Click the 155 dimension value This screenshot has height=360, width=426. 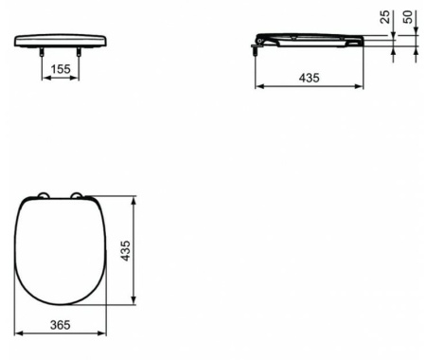pos(59,69)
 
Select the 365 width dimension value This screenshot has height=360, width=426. pos(61,324)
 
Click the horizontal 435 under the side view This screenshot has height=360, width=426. pos(309,78)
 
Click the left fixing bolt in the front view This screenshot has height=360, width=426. pos(41,55)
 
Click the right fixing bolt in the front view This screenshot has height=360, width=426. pos(80,55)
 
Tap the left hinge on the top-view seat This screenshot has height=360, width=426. pos(43,197)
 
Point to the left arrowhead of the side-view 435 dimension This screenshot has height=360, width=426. pos(257,86)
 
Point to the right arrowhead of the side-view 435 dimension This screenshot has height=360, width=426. pos(361,86)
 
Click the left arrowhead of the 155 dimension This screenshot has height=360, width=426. pos(43,78)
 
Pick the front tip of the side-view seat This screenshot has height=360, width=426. pos(361,40)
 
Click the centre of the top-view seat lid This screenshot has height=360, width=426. pos(62,251)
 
